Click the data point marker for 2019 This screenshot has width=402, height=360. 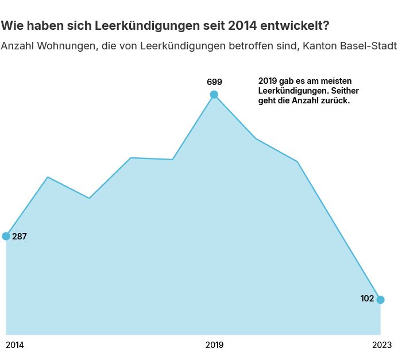214,95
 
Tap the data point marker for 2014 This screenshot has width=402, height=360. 6,236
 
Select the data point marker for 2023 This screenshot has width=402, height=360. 380,300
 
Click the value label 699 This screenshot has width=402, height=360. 214,82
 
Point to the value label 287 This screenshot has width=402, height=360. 20,237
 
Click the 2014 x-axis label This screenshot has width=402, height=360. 15,345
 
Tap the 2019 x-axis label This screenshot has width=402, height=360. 214,345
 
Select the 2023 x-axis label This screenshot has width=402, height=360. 381,345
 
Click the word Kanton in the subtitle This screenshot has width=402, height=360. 315,46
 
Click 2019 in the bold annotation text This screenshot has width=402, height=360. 268,81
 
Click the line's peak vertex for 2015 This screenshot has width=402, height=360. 48,177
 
